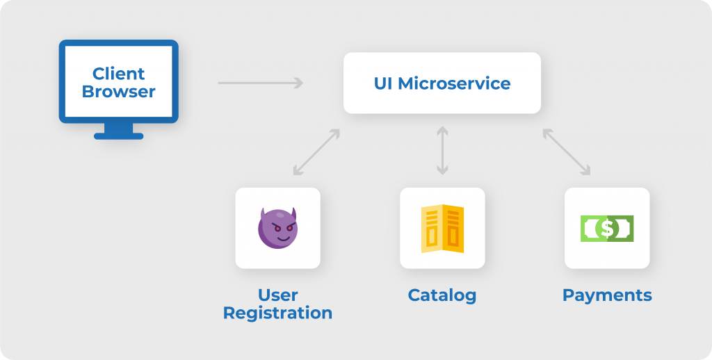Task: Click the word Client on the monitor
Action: (118, 74)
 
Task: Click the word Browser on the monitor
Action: (118, 91)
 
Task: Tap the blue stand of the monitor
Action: (118, 131)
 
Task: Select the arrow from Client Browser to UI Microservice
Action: (260, 83)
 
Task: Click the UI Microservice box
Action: (442, 83)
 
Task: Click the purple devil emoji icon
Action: (277, 227)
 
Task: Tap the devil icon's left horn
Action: (264, 211)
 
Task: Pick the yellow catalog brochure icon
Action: (442, 228)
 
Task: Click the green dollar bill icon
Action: (607, 228)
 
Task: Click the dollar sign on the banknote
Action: (607, 228)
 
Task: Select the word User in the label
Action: (277, 295)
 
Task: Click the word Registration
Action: (277, 313)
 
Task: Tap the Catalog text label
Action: (442, 295)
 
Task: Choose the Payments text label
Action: (607, 295)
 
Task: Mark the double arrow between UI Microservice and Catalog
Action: (442, 149)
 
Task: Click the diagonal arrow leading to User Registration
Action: (316, 152)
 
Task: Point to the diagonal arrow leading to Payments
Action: (567, 152)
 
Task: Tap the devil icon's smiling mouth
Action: (279, 236)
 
